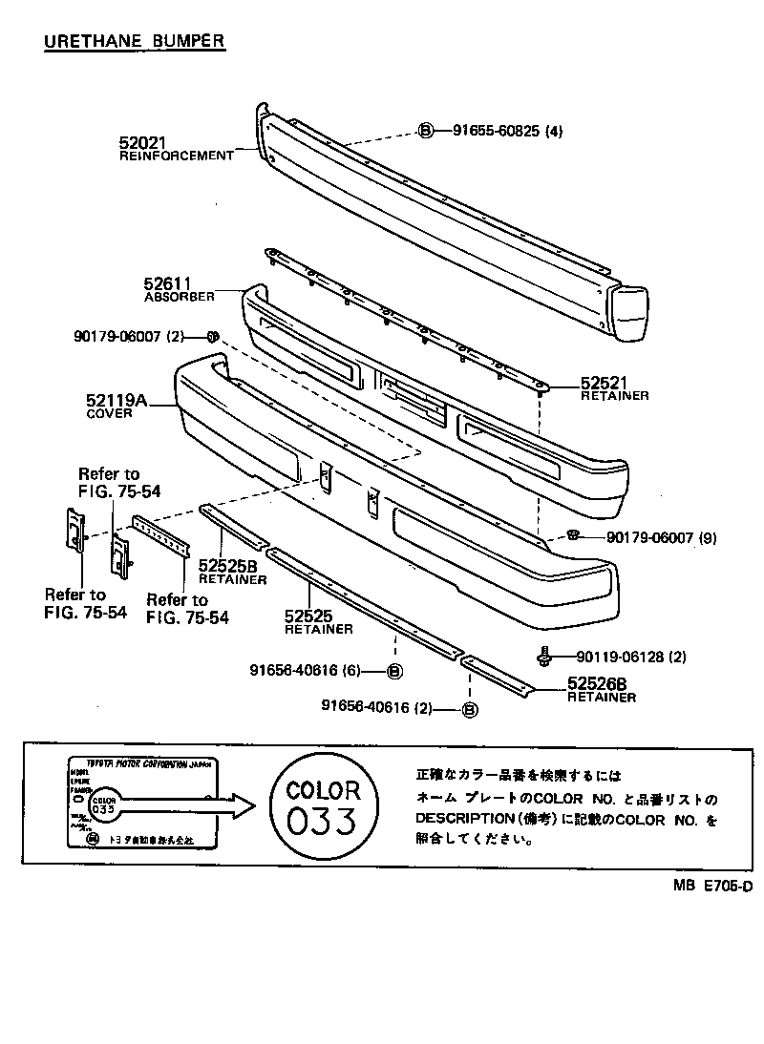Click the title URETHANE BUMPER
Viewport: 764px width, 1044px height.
(x=134, y=41)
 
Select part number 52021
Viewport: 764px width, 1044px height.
(x=142, y=142)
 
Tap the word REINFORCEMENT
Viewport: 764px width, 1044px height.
(x=176, y=156)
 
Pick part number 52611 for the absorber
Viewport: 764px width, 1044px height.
(x=168, y=283)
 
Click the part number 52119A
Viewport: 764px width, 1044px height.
(x=117, y=402)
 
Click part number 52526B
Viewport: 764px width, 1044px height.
(x=597, y=683)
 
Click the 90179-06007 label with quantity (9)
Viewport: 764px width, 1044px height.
(x=649, y=537)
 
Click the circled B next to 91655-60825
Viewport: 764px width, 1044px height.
(x=427, y=132)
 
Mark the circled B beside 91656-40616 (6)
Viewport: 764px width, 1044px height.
(x=393, y=671)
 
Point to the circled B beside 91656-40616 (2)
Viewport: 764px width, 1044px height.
(x=469, y=708)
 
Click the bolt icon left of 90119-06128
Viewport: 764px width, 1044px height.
(x=544, y=657)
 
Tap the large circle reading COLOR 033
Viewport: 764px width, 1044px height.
(x=324, y=806)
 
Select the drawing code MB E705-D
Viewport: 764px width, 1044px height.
(x=711, y=886)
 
